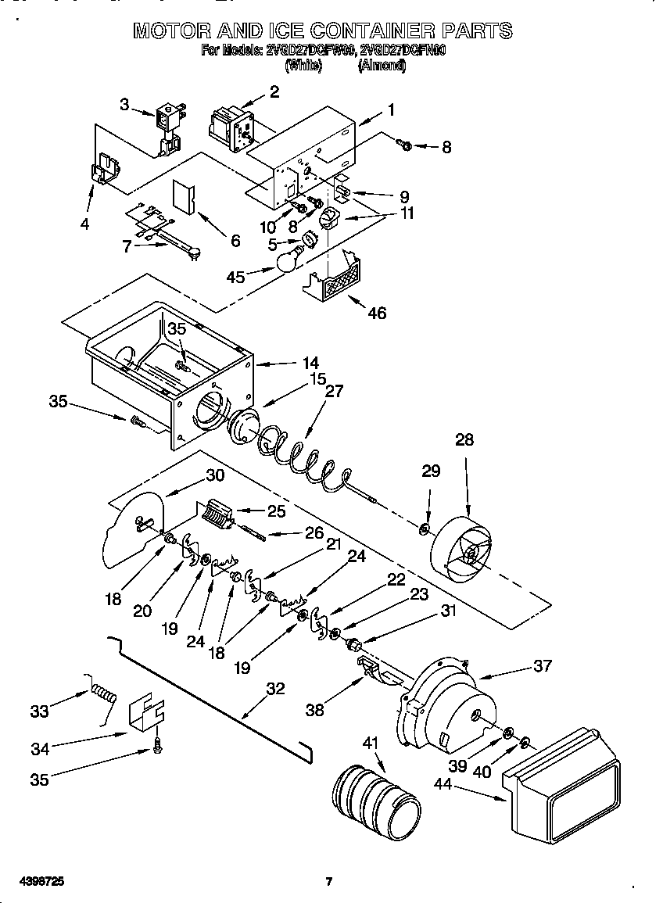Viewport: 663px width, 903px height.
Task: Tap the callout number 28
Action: [464, 440]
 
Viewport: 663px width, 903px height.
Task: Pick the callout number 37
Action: [542, 665]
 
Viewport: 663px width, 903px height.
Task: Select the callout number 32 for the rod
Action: [275, 689]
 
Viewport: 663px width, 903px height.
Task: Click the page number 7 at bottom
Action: [329, 882]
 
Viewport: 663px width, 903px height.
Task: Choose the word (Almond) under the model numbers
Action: [382, 66]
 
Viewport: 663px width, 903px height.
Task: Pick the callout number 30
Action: [215, 475]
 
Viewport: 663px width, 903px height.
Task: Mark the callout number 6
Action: [235, 241]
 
